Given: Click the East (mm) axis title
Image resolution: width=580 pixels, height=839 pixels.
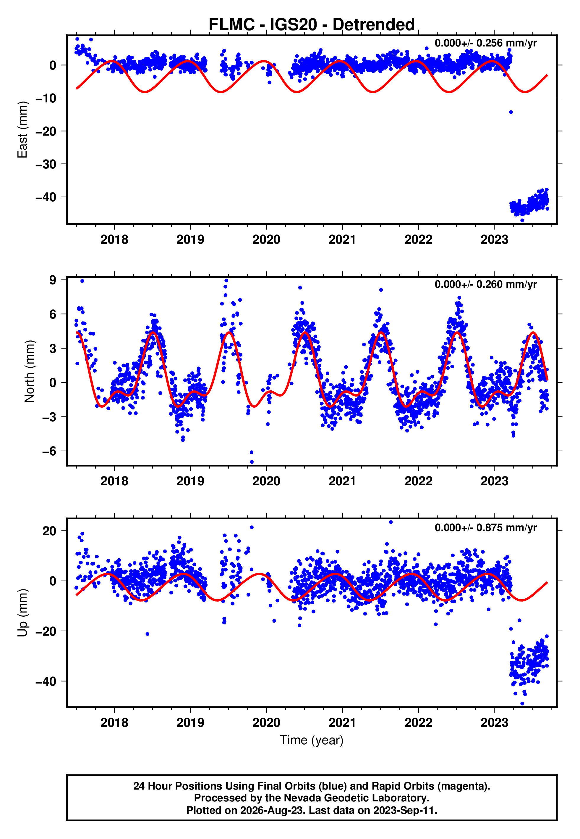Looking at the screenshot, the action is [x=22, y=130].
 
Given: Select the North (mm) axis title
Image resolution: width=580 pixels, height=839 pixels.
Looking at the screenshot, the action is [x=30, y=371].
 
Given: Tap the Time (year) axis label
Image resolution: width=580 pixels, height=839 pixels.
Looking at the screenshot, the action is [x=312, y=740].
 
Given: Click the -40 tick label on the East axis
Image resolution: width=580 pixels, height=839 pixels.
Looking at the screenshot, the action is [x=46, y=197].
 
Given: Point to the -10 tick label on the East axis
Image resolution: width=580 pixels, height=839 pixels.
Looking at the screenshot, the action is [x=46, y=98].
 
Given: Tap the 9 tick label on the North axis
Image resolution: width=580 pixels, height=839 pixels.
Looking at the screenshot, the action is [x=53, y=280].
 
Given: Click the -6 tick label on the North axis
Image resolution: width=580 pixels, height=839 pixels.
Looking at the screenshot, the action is [x=49, y=451].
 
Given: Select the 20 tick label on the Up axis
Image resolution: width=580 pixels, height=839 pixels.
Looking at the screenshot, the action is [x=49, y=531].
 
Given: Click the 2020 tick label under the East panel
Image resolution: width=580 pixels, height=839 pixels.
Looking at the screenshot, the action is [x=266, y=240].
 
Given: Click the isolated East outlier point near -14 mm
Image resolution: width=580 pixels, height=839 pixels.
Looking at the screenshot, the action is [x=511, y=112].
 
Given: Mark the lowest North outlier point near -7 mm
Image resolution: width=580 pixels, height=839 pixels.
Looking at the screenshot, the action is [x=252, y=462].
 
